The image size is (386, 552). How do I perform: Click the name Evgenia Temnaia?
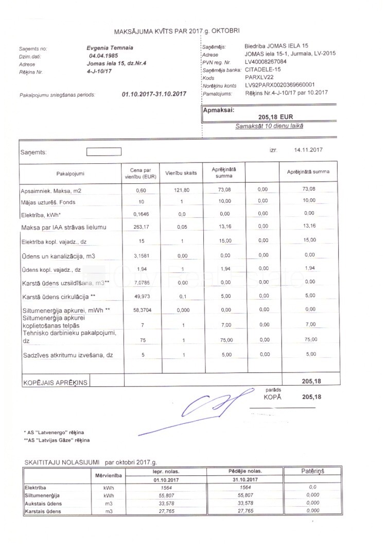tap(111, 47)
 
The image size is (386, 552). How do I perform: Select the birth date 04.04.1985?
tap(104, 56)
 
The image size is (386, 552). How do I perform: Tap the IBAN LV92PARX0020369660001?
tap(279, 85)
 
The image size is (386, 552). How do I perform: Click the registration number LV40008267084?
tap(266, 62)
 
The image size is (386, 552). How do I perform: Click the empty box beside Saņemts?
tap(103, 152)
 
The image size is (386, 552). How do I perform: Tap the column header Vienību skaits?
tap(178, 173)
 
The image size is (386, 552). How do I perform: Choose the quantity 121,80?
tap(182, 191)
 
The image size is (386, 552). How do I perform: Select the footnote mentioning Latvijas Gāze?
tap(57, 440)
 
